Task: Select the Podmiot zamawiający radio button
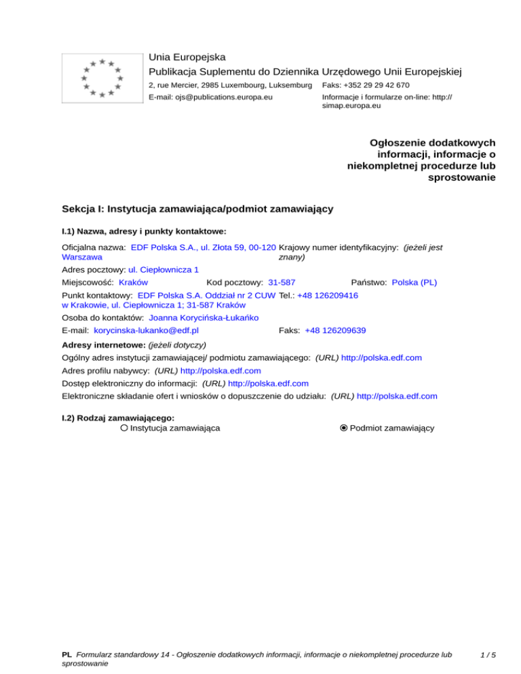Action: pos(344,428)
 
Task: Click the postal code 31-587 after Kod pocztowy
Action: pos(282,281)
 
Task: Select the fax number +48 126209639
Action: pos(335,330)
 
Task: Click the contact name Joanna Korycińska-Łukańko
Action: pos(204,317)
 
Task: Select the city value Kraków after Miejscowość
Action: pos(134,281)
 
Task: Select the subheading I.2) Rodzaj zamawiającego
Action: pos(118,418)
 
